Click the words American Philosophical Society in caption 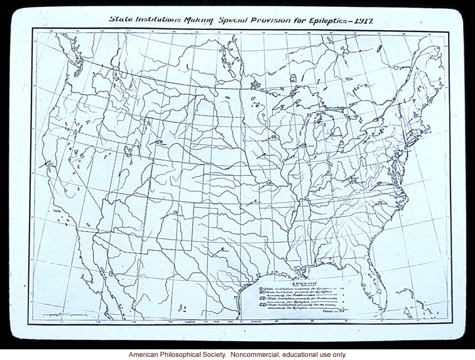tap(173, 354)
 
